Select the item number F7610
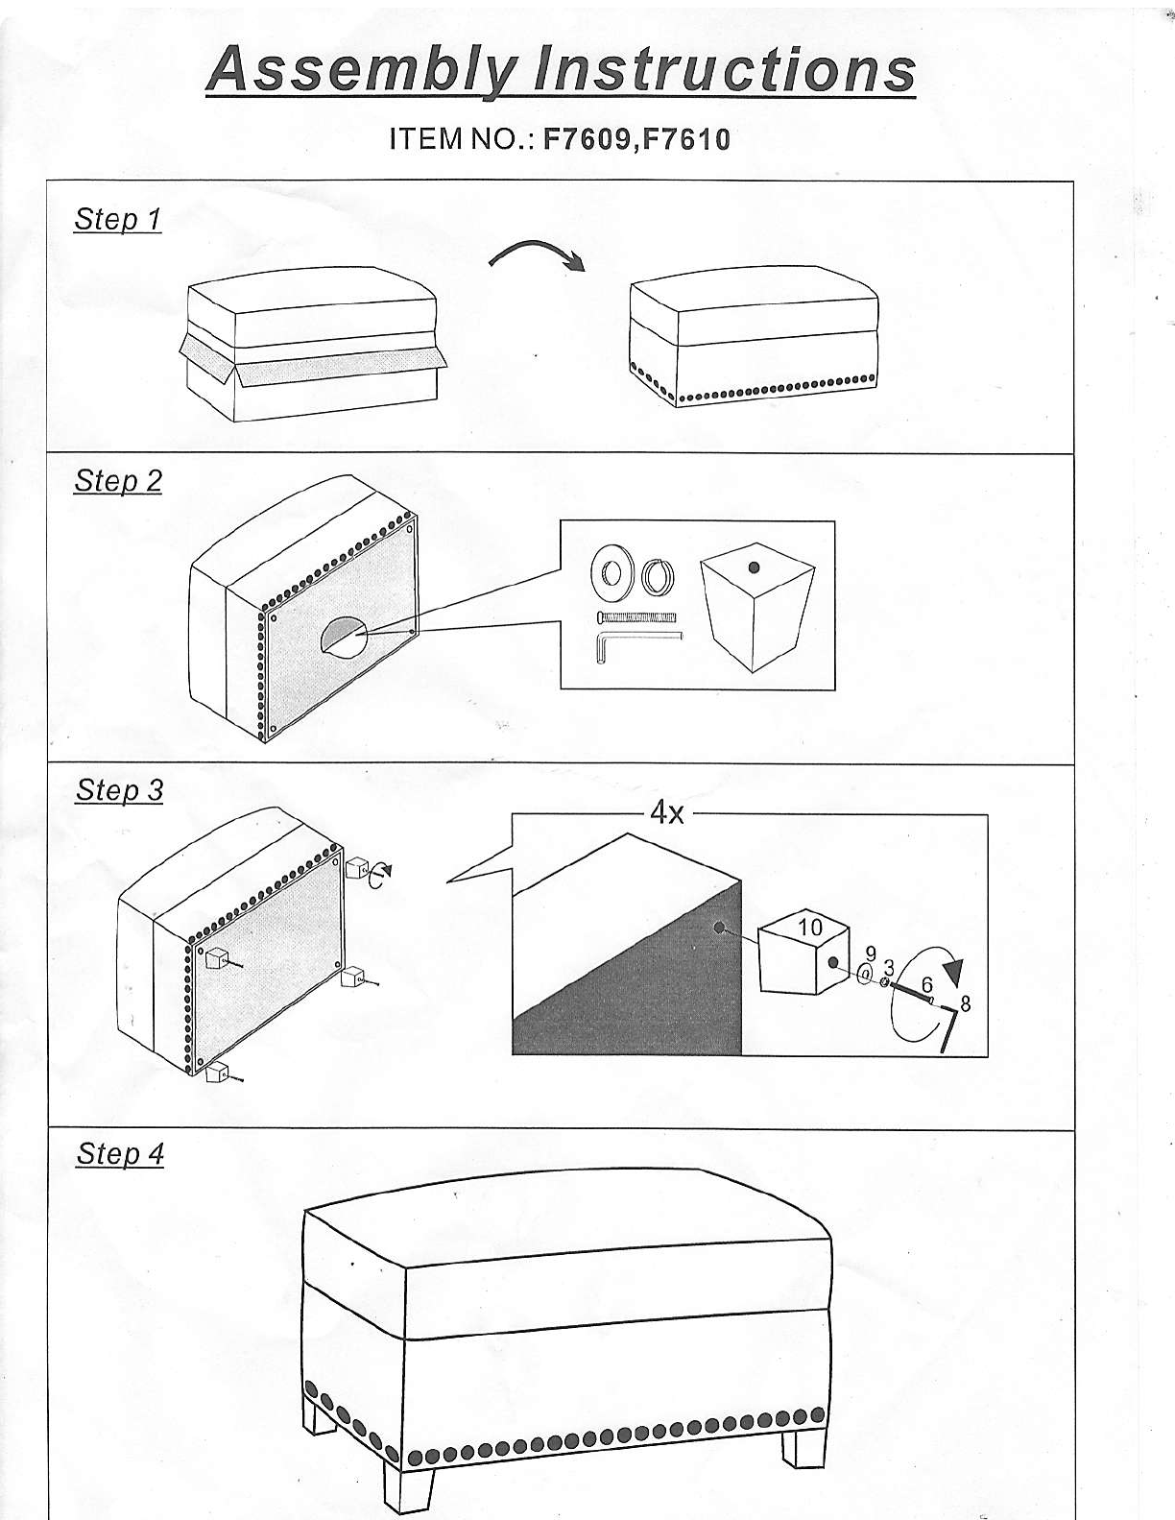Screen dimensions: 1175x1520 (685, 139)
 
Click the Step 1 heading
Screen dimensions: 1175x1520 (118, 219)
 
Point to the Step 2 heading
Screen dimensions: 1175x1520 (118, 480)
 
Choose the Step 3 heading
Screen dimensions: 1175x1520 (120, 790)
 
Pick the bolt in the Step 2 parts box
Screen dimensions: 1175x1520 (636, 617)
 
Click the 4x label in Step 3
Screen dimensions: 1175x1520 (667, 813)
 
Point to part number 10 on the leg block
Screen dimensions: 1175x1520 (810, 928)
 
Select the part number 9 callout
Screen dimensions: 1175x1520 (871, 953)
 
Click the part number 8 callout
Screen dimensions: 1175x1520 (966, 1003)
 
